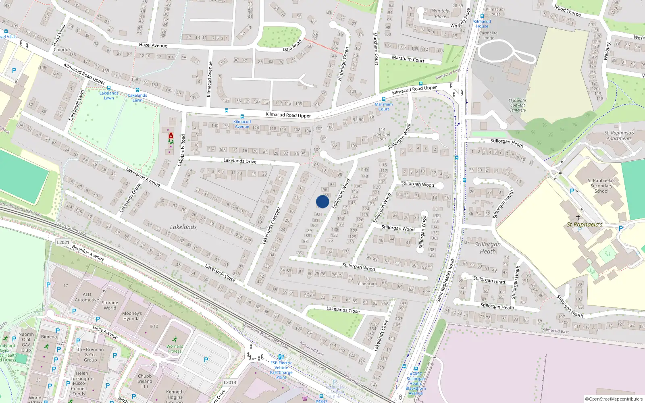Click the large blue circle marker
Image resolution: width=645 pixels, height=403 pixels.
322,201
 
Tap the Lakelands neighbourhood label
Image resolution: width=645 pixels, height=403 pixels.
183,227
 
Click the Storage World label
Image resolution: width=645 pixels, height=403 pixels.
110,305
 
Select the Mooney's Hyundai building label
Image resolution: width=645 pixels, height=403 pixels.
132,316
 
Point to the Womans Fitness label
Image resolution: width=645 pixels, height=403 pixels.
175,349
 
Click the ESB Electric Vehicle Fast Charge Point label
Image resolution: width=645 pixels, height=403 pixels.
281,370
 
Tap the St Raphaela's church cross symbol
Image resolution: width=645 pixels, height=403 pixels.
578,217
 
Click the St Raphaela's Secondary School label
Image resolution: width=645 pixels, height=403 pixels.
601,186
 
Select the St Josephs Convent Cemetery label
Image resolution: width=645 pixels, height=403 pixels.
518,105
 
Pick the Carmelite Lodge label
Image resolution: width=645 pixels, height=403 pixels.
488,35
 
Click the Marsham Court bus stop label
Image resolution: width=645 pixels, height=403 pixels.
384,106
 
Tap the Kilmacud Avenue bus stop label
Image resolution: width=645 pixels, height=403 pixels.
242,124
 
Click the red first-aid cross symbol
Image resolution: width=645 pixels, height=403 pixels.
171,135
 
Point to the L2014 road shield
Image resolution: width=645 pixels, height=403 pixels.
230,382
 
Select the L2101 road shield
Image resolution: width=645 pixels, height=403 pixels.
63,242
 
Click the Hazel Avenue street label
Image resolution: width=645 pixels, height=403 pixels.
153,45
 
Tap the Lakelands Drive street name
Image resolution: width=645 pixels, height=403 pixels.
240,161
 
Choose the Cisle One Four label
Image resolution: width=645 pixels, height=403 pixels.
382,134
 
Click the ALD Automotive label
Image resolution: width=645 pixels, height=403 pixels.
87,297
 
